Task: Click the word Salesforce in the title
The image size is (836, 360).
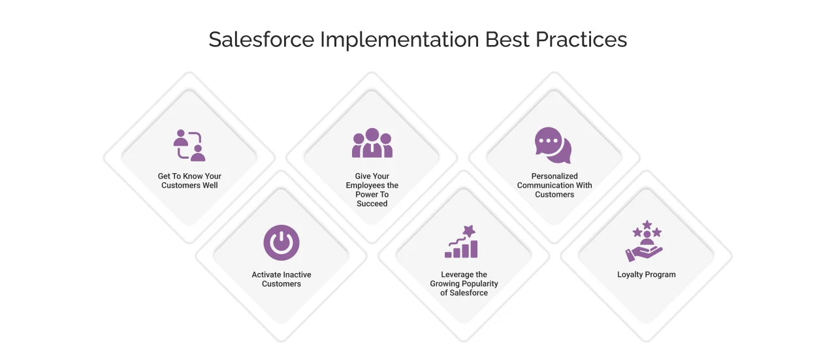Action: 261,40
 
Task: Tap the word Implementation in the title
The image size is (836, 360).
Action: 399,40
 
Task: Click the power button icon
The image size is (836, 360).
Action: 281,242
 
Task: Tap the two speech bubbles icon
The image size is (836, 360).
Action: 553,145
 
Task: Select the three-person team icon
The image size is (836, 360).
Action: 372,144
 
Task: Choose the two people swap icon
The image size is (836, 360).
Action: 189,145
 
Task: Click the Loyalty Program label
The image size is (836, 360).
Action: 647,275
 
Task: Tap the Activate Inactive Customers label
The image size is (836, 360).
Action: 281,280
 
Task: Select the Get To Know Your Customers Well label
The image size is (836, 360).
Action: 189,181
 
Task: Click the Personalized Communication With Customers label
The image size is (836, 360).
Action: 555,186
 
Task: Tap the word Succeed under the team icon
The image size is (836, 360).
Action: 372,204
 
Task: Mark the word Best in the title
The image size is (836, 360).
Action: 507,40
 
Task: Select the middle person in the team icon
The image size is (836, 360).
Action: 372,141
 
